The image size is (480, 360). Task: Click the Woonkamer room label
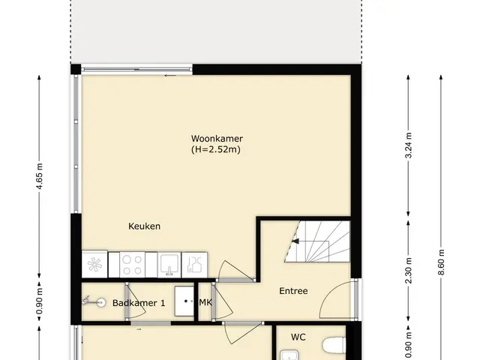point(217,138)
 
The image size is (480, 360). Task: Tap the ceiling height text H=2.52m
point(216,150)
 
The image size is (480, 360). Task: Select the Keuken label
point(144,226)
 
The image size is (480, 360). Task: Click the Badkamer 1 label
point(139,303)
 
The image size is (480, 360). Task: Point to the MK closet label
point(205,302)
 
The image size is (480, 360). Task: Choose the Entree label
point(293,291)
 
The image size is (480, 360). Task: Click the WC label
point(298,337)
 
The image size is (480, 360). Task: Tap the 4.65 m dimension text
point(40,176)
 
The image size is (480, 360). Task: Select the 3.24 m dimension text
point(408,145)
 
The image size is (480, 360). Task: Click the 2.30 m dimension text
point(408,271)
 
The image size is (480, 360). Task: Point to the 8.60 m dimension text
point(441,262)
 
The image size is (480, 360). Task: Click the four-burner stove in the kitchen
point(132,265)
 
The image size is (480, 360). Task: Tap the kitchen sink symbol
point(169,265)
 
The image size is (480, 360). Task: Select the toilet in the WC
point(334,344)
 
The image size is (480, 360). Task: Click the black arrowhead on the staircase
point(295,241)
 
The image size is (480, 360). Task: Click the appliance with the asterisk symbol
point(94,265)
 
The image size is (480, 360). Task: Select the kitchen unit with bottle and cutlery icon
point(194,265)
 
